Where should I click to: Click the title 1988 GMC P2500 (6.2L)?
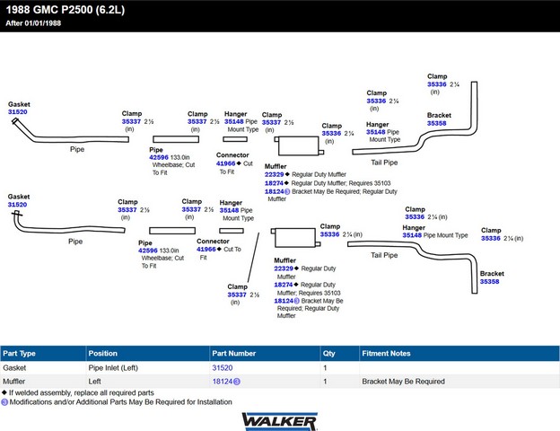pos(66,10)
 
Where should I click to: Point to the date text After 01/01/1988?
pos(33,23)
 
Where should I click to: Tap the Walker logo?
pos(280,421)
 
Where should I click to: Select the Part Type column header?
pos(19,354)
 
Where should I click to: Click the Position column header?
pos(103,354)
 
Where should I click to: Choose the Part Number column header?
pos(234,354)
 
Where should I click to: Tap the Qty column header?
pos(329,354)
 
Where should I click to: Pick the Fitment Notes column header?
pos(386,354)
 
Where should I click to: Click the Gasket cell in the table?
pos(14,368)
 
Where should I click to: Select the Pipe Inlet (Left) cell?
pos(113,368)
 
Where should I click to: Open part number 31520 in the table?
pos(223,368)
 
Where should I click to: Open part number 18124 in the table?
pos(223,382)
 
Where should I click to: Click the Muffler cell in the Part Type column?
pos(14,382)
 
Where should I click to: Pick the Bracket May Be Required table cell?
pos(403,382)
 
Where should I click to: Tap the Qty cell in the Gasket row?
pos(325,368)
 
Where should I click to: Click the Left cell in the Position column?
pos(94,382)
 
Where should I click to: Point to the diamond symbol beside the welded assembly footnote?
pos(4,392)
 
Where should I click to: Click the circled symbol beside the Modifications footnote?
pos(4,402)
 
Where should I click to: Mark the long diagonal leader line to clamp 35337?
pos(254,258)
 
